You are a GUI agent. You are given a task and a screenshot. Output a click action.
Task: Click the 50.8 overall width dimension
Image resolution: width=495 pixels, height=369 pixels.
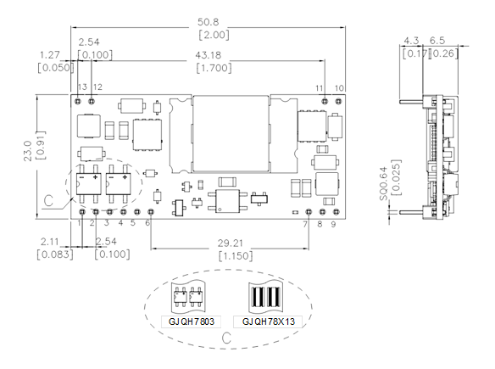pyautogui.click(x=208, y=22)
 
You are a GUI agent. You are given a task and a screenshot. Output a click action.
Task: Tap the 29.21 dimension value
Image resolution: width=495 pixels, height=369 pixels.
pyautogui.click(x=231, y=243)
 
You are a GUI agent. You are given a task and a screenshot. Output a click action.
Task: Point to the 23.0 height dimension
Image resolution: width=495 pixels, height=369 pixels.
pyautogui.click(x=28, y=151)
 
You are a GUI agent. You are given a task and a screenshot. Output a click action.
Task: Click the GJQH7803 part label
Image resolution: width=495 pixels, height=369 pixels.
pyautogui.click(x=192, y=321)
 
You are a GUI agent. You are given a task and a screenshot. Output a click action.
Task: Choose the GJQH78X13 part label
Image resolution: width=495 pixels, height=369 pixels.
pyautogui.click(x=269, y=321)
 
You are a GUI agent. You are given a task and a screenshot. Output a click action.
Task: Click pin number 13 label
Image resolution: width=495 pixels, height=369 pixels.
pyautogui.click(x=82, y=87)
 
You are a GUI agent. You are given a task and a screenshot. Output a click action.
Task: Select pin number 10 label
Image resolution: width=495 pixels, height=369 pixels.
pyautogui.click(x=339, y=88)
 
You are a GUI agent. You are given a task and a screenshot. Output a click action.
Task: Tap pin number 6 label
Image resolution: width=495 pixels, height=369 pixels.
pyautogui.click(x=147, y=223)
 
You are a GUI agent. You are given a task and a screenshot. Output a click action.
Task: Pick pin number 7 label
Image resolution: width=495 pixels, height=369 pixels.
pyautogui.click(x=305, y=224)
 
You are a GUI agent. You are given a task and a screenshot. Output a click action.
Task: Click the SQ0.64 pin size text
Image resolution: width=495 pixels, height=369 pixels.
pyautogui.click(x=383, y=188)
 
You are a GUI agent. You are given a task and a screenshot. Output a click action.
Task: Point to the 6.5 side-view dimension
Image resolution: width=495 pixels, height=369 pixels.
pyautogui.click(x=437, y=41)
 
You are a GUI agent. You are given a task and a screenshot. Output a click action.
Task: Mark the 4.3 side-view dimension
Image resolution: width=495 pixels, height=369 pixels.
pyautogui.click(x=412, y=41)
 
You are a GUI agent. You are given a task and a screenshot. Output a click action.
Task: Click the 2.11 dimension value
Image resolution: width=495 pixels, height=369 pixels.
pyautogui.click(x=50, y=242)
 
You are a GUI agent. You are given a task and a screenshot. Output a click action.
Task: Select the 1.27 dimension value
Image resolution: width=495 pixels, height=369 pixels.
pyautogui.click(x=49, y=55)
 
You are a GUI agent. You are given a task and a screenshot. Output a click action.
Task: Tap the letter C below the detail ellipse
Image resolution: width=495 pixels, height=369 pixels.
pyautogui.click(x=226, y=338)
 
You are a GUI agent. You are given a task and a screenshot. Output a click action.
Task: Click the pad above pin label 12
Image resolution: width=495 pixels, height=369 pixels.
pyautogui.click(x=92, y=101)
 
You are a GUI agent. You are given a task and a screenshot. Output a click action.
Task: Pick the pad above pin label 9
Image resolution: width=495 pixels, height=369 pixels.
pyautogui.click(x=336, y=212)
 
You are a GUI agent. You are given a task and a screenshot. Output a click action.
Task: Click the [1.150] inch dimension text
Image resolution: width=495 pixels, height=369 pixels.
pyautogui.click(x=236, y=255)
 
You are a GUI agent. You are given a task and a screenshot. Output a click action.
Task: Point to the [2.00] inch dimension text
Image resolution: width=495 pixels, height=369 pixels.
pyautogui.click(x=214, y=35)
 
